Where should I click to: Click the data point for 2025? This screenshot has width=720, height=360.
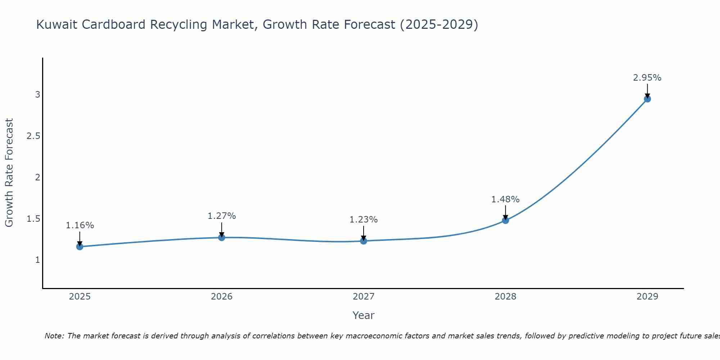click(80, 247)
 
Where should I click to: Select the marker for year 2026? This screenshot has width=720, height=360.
click(222, 238)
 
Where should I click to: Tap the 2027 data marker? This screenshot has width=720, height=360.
click(364, 241)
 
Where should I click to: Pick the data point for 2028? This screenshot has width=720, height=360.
click(505, 220)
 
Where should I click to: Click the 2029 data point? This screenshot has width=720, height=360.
click(647, 99)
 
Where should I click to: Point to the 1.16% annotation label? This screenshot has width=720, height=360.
click(80, 225)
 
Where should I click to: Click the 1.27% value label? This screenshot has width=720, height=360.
click(222, 216)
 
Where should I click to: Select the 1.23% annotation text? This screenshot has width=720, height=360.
click(364, 220)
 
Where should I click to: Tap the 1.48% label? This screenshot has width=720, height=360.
click(505, 199)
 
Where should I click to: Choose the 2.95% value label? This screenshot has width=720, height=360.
click(647, 78)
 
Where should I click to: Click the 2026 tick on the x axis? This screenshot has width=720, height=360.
click(222, 297)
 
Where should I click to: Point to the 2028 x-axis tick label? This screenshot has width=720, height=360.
click(505, 297)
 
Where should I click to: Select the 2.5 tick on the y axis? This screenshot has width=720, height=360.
click(33, 136)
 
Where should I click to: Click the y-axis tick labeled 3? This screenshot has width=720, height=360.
click(37, 95)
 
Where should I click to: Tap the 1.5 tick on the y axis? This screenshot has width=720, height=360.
click(33, 219)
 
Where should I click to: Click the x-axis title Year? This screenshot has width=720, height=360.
click(364, 315)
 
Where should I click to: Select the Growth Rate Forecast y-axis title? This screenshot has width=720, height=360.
click(9, 173)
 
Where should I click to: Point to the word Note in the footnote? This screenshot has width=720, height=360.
click(54, 336)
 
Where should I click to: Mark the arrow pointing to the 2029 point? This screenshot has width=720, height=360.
click(647, 90)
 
